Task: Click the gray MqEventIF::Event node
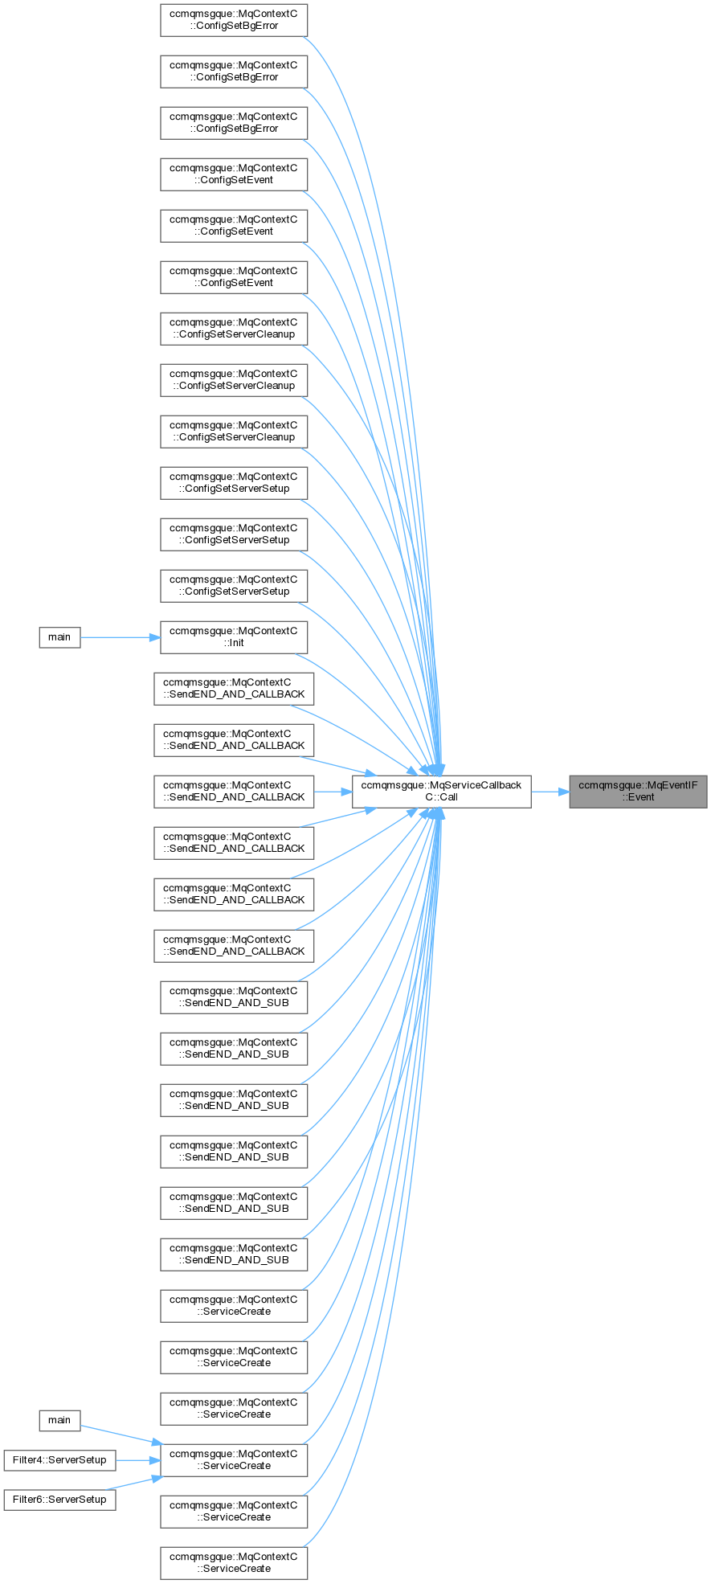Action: tap(638, 792)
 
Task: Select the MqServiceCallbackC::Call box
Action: tap(441, 792)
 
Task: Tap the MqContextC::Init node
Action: tap(234, 637)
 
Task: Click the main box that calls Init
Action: tap(59, 637)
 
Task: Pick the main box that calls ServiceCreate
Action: tap(59, 1420)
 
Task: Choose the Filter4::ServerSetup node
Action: tap(59, 1459)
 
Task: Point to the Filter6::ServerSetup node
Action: tap(59, 1500)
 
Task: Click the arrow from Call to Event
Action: tap(550, 792)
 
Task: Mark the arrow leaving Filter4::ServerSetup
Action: tap(137, 1460)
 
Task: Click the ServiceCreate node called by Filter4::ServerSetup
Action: tap(234, 1460)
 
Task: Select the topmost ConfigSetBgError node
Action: tap(234, 20)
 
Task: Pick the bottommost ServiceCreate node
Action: tap(234, 1563)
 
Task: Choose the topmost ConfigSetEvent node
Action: tap(234, 174)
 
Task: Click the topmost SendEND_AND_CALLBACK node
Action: tap(234, 689)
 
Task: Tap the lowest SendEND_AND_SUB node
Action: tap(234, 1255)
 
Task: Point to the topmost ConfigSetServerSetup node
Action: tap(234, 483)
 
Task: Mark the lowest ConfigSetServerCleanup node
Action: tap(234, 432)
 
